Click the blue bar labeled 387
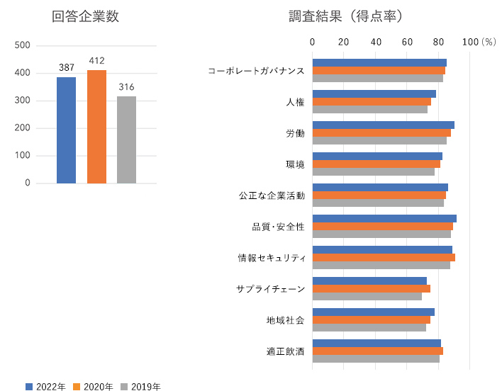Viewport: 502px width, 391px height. (x=66, y=130)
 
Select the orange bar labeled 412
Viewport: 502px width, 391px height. (x=96, y=127)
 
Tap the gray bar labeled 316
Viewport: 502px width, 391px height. (x=126, y=140)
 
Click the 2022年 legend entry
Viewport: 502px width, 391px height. (x=46, y=386)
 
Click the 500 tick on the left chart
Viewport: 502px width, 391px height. (x=23, y=45)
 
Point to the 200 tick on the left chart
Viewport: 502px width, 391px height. (x=23, y=128)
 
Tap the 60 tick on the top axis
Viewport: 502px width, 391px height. (x=407, y=42)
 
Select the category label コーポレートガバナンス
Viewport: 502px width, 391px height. (x=256, y=71)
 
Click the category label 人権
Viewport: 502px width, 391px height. (x=295, y=102)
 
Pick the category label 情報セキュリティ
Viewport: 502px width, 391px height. (x=272, y=258)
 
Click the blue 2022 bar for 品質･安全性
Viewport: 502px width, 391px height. (x=384, y=219)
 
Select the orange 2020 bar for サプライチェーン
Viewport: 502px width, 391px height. (x=371, y=289)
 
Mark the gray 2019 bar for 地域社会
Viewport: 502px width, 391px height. (x=369, y=327)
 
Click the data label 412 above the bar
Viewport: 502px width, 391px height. (x=96, y=61)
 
